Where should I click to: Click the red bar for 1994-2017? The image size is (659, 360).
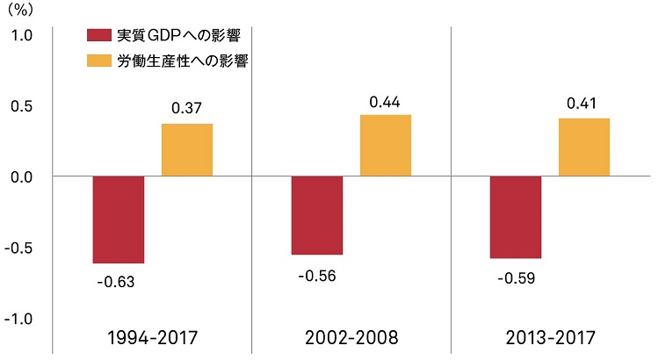point(119,220)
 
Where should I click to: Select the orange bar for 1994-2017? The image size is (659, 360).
point(187,150)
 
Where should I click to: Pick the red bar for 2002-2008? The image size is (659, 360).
point(317,215)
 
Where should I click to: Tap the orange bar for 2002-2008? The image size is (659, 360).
point(386,146)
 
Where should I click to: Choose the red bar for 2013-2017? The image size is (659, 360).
point(516,217)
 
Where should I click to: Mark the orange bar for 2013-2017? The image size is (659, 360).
point(584,148)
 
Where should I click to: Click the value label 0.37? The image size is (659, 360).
point(187,109)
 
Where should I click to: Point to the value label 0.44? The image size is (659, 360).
point(386,102)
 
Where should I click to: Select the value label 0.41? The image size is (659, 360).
point(584,104)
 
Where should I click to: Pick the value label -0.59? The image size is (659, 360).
point(515,279)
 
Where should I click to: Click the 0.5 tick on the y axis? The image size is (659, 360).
point(22,106)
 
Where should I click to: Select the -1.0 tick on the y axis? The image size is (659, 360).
point(19,319)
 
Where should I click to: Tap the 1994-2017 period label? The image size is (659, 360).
point(151,337)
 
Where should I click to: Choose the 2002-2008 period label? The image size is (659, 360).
point(351,337)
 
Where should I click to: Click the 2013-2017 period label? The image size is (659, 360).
point(549,337)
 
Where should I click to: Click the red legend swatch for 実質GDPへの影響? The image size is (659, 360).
point(98,36)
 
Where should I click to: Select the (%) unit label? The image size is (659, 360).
point(18,10)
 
